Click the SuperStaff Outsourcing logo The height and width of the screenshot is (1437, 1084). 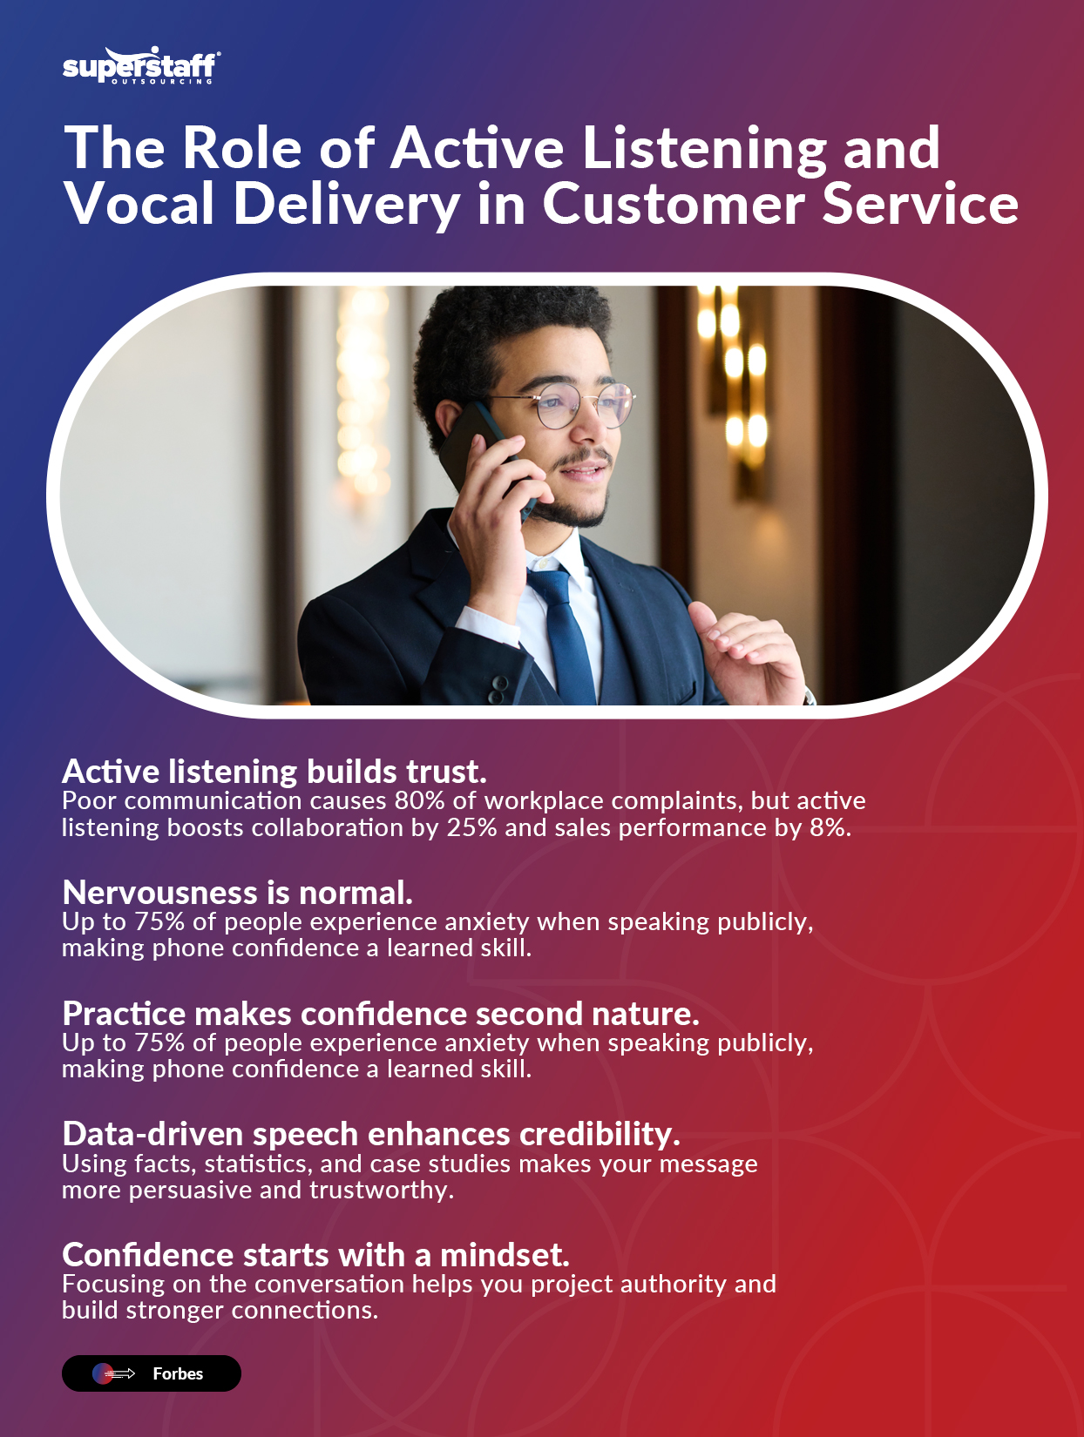pyautogui.click(x=140, y=66)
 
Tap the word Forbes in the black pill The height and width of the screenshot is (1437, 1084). pyautogui.click(x=178, y=1373)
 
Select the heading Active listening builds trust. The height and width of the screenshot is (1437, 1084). pyautogui.click(x=274, y=772)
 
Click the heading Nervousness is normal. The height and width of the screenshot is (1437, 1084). pyautogui.click(x=238, y=893)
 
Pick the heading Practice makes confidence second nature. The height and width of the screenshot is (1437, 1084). pyautogui.click(x=381, y=1014)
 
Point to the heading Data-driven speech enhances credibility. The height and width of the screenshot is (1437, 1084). pyautogui.click(x=371, y=1134)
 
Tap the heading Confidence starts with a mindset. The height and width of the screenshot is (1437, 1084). pyautogui.click(x=315, y=1255)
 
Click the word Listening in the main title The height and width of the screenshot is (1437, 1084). pyautogui.click(x=704, y=149)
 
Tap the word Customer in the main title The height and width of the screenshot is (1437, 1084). pyautogui.click(x=674, y=205)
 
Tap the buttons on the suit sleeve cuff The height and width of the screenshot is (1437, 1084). pyautogui.click(x=498, y=689)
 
